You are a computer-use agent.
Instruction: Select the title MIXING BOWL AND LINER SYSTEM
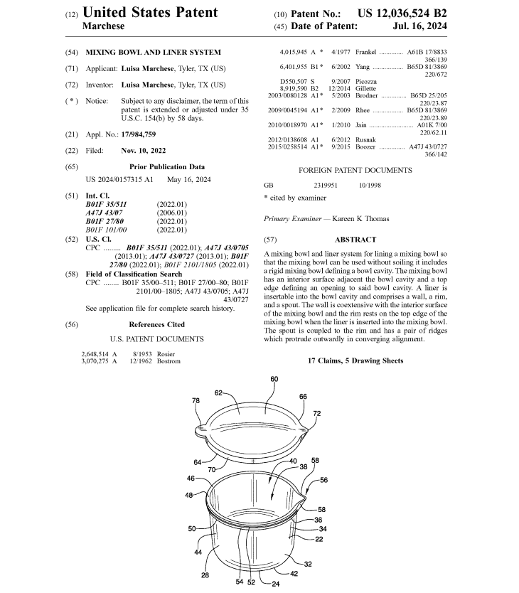click(153, 52)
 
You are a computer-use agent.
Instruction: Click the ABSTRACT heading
click(355, 240)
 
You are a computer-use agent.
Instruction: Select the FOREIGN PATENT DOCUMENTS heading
click(355, 171)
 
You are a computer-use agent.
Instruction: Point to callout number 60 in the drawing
click(274, 379)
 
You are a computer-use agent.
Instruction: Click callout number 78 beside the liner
click(196, 401)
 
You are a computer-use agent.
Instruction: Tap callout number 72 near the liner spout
click(316, 413)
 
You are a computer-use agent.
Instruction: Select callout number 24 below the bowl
click(274, 584)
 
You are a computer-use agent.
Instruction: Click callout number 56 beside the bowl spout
click(323, 480)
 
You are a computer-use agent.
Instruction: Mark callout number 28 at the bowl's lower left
click(205, 575)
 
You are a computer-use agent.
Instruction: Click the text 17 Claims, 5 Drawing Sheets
click(355, 360)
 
